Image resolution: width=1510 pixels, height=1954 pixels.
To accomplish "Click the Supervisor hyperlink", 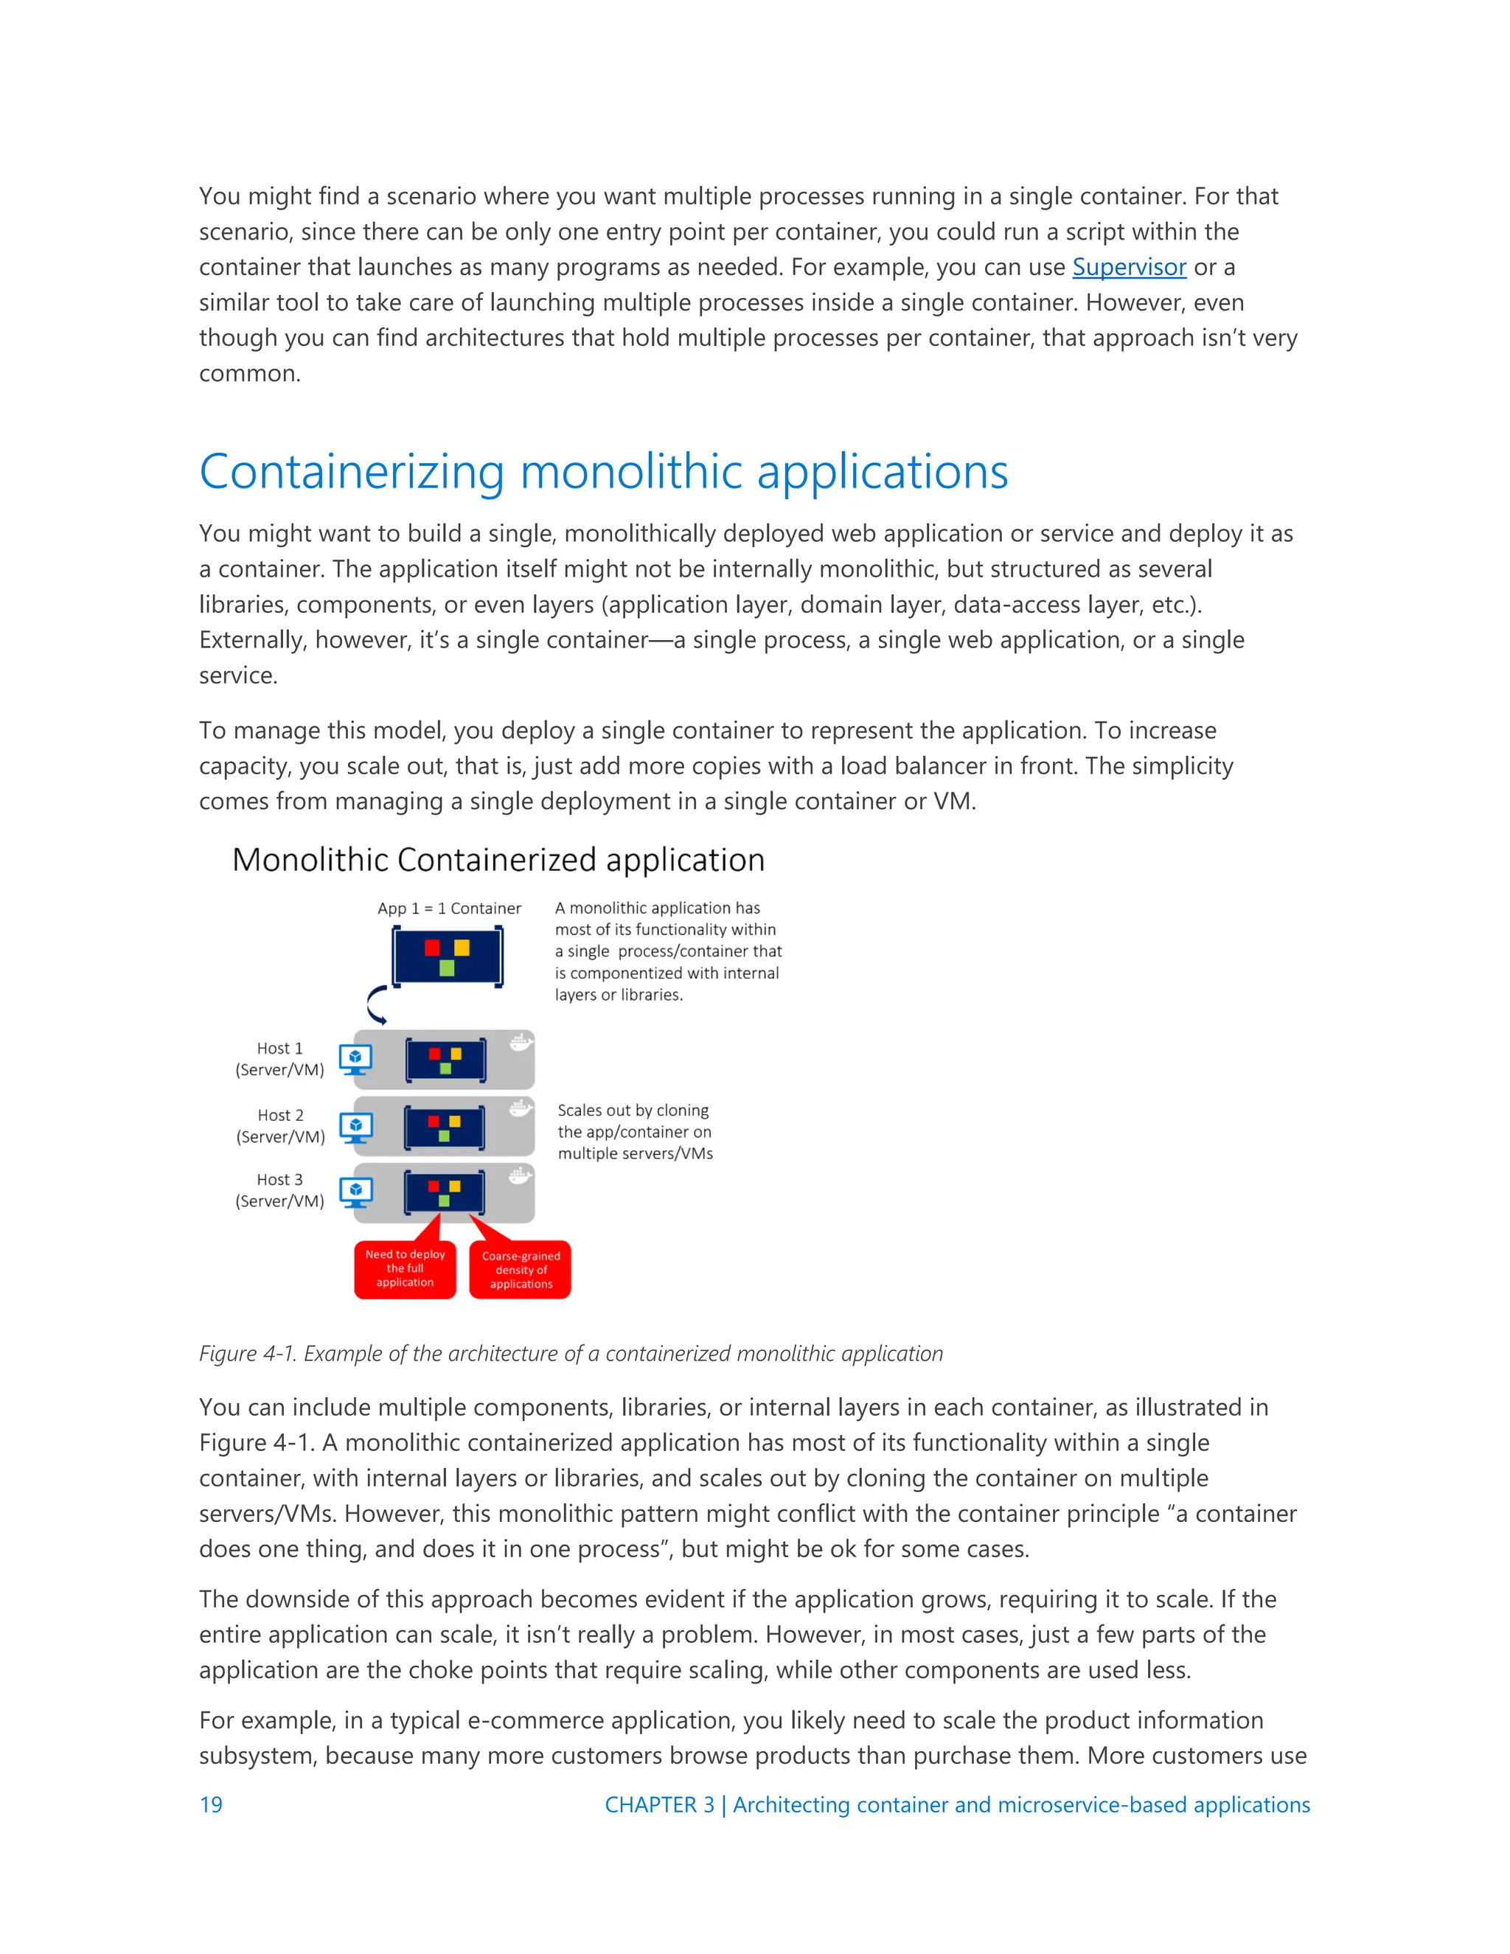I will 1129,268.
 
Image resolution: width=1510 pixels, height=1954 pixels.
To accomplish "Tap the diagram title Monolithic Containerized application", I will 498,860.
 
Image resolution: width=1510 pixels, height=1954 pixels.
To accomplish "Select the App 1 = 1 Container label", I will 449,908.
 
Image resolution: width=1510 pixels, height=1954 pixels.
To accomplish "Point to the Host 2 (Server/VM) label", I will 280,1125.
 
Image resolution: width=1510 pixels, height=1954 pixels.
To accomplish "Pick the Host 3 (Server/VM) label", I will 280,1191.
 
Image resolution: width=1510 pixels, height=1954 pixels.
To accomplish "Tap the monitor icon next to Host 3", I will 356,1192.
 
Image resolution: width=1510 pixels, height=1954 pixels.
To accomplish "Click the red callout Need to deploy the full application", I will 406,1269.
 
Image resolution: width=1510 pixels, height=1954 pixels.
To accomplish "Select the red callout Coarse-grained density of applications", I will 521,1270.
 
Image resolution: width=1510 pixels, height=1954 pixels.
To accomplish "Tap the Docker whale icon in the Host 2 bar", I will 521,1110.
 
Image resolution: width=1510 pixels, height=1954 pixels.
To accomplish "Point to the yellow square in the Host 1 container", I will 456,1054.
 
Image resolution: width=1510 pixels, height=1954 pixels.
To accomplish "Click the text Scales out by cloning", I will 633,1110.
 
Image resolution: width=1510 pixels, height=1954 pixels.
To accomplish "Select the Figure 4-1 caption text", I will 571,1354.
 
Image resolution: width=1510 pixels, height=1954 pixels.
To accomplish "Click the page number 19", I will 211,1804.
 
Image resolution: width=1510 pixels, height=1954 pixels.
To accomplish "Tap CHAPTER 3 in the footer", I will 659,1804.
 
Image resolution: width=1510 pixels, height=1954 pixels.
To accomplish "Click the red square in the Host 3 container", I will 433,1186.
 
